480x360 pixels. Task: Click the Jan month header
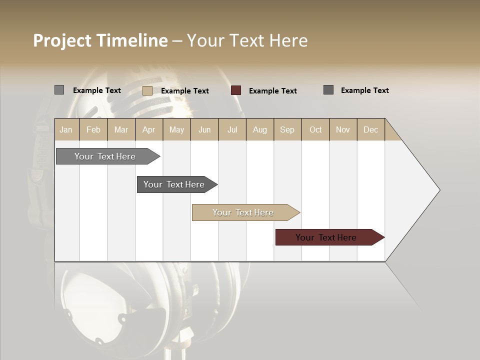(x=66, y=129)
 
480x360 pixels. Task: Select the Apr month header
(x=149, y=129)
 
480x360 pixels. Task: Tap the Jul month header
(x=232, y=129)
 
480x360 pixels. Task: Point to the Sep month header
(x=287, y=129)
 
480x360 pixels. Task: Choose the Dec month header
(x=370, y=129)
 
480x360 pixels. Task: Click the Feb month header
(x=93, y=129)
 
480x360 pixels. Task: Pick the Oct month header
(x=315, y=129)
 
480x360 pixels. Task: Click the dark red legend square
(x=236, y=90)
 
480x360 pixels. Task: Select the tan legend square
(x=147, y=90)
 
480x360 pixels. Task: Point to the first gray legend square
(x=59, y=90)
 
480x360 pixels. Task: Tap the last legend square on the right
(x=328, y=90)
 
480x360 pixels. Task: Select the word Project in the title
(x=62, y=40)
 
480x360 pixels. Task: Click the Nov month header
(x=343, y=129)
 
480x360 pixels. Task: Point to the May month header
(x=176, y=129)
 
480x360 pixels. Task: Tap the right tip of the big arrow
(x=438, y=190)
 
